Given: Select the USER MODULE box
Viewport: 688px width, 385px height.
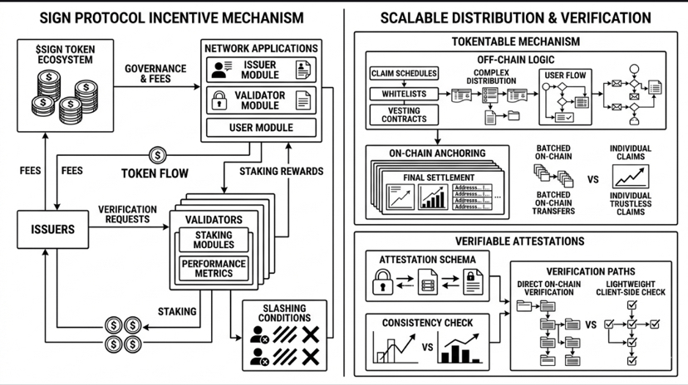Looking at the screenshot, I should [261, 128].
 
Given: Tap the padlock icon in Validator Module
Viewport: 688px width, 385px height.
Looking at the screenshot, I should [220, 101].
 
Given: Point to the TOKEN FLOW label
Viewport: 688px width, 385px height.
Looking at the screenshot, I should [155, 174].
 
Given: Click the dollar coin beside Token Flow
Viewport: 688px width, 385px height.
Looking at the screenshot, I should [158, 155].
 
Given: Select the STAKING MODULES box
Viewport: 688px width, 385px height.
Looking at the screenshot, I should [213, 241].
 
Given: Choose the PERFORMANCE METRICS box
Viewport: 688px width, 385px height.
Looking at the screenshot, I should [214, 269].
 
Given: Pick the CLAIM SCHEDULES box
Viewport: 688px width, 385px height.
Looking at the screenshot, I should [403, 74].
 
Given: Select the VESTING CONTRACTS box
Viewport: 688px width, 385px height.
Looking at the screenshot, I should [403, 115].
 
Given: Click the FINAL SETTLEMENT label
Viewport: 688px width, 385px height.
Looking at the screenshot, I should [439, 178].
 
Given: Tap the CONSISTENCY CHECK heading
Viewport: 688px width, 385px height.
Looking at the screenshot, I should [427, 322].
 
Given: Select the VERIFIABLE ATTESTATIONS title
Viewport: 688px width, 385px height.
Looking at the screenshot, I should [515, 241].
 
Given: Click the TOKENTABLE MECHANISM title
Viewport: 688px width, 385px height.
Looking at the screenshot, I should [515, 41].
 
